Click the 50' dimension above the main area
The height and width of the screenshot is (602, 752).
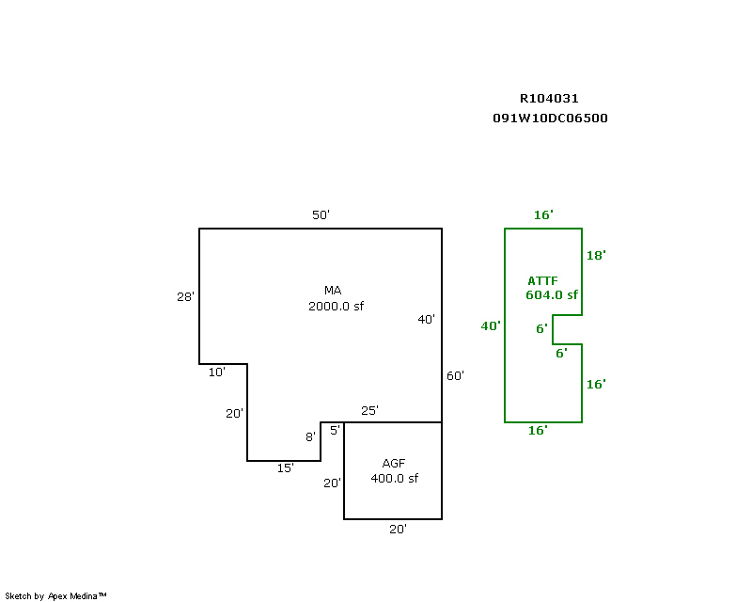coord(321,214)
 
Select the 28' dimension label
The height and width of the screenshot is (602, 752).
coord(185,296)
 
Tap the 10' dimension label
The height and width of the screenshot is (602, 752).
coord(217,372)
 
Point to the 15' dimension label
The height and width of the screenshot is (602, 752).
coord(286,467)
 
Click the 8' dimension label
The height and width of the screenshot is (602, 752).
coord(311,436)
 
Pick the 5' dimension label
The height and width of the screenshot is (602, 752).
coord(335,430)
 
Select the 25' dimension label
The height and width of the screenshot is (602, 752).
coord(369,410)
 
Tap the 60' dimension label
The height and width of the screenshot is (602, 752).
coord(455,376)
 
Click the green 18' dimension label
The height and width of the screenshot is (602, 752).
coord(596,256)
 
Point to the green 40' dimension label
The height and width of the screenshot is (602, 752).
coord(491,326)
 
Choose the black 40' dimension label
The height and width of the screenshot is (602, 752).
coord(427,319)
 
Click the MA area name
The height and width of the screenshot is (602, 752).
coord(333,291)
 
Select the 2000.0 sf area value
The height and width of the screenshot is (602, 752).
coord(337,306)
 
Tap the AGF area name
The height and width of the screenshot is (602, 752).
coord(394,464)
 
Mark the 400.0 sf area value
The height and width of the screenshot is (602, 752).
coord(394,478)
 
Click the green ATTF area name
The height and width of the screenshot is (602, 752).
coord(543,281)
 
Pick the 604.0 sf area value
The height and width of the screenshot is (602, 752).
coord(552,294)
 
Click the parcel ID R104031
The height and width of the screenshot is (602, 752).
coord(549,99)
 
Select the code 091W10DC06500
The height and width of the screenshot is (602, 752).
coord(550,119)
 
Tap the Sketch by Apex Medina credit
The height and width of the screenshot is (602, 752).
coord(55,596)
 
